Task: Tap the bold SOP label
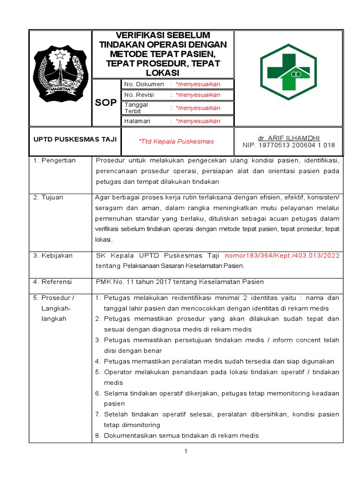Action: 106,103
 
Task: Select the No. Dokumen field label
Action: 144,84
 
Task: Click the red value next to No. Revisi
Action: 198,95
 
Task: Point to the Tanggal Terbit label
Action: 136,108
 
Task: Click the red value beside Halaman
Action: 198,121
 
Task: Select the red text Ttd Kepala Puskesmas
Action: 176,141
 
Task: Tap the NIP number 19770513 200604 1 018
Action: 288,145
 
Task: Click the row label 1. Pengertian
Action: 54,160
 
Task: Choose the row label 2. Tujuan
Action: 48,197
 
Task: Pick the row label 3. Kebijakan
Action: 53,255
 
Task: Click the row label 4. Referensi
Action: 52,282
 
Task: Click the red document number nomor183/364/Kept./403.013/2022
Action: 282,255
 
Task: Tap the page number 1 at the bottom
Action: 186,451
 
